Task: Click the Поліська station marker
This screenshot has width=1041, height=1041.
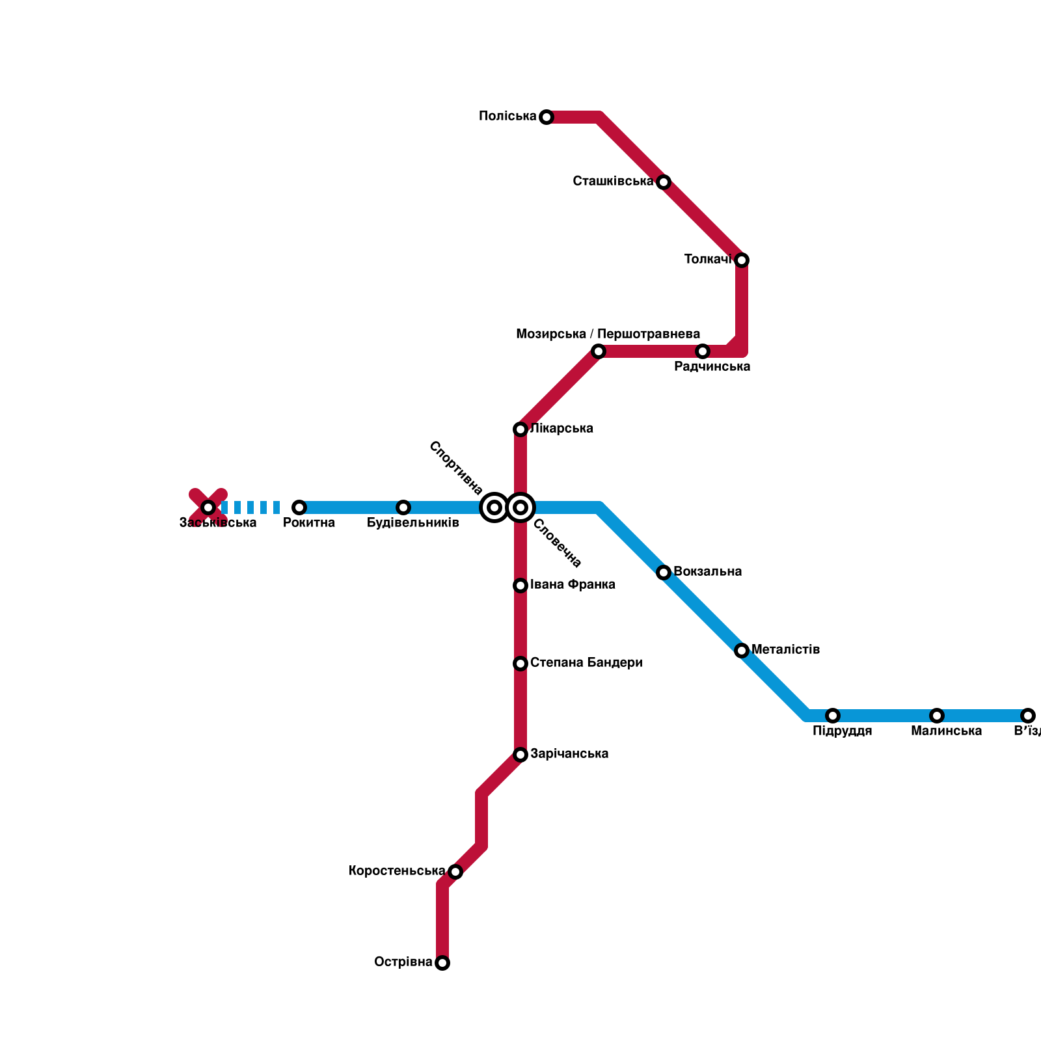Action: tap(547, 117)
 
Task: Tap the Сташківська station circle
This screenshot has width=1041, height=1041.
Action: tap(664, 182)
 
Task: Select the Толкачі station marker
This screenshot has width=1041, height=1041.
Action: tap(742, 260)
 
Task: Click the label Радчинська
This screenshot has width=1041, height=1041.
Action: tap(712, 367)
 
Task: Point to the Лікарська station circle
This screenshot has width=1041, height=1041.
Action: tap(520, 429)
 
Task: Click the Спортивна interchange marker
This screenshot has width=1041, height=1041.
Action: tap(494, 507)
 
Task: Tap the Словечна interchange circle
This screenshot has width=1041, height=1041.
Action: tap(520, 507)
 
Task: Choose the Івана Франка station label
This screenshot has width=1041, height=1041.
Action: tap(573, 585)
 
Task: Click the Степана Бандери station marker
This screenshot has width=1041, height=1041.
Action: tap(520, 664)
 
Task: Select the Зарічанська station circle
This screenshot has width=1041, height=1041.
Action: tap(520, 755)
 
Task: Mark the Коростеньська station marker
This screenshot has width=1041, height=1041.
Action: tap(455, 872)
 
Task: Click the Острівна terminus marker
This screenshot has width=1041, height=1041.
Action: tap(442, 963)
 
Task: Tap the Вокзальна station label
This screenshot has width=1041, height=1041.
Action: tap(707, 572)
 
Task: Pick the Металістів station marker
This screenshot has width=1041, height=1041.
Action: tap(742, 651)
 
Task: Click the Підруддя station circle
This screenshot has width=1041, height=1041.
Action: tap(833, 716)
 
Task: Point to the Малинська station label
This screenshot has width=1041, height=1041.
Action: tap(946, 731)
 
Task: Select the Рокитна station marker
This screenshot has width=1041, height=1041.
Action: tap(299, 507)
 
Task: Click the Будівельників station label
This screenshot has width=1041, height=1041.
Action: tap(412, 523)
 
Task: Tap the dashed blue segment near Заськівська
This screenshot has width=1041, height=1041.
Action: tap(250, 507)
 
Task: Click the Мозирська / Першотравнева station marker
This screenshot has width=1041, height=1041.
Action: tap(599, 351)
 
